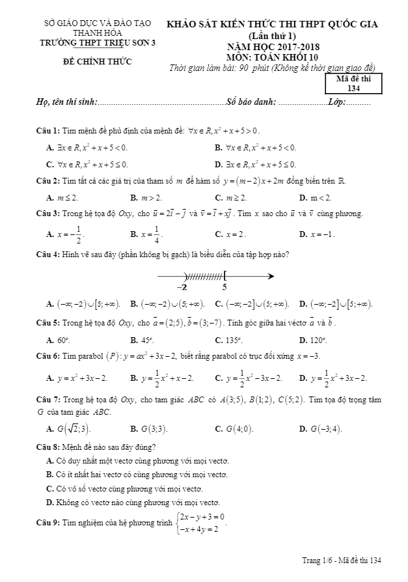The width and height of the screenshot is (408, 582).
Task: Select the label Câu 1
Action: click(48, 130)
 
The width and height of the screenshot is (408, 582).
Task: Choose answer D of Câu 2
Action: click(316, 197)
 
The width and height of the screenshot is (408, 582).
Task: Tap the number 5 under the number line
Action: click(224, 286)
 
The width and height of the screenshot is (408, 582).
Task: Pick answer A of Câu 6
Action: click(77, 378)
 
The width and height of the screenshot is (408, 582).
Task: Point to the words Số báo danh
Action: click(251, 102)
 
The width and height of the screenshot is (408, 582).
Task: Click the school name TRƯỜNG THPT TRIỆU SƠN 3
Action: click(98, 44)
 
